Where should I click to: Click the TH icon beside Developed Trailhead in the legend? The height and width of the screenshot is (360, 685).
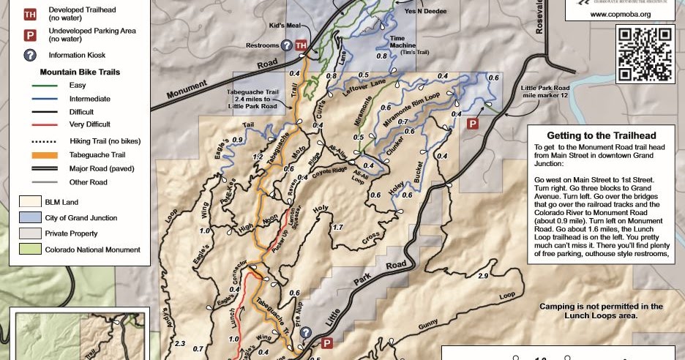(30, 14)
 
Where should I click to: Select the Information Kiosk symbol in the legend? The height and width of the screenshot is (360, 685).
(30, 55)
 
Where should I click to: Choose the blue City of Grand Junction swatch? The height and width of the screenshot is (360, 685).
(30, 217)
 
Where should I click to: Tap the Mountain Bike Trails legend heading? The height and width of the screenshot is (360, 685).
(80, 72)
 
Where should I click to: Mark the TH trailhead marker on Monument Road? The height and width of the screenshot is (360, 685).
(301, 46)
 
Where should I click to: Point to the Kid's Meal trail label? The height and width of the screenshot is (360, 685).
(285, 26)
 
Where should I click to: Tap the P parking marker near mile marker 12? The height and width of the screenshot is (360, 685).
(473, 124)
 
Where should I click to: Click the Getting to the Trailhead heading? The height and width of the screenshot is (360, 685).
(601, 135)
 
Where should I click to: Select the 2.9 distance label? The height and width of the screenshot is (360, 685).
(482, 276)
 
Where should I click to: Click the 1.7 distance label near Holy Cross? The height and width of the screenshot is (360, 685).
(337, 228)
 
